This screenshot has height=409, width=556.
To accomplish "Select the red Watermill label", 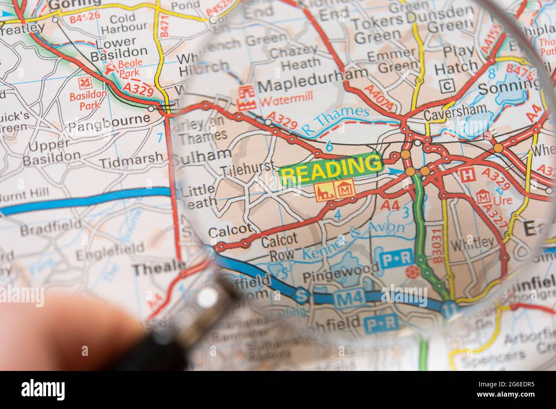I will click(x=286, y=103).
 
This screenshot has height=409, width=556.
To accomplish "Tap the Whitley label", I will click(x=472, y=243).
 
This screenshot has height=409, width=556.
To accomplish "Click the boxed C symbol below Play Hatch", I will click(x=447, y=86).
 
